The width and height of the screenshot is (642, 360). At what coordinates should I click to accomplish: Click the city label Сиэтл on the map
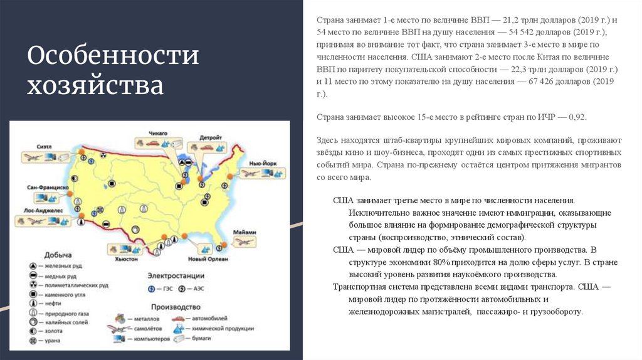(x=44, y=146)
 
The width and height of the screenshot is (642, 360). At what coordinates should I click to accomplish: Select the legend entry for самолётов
(x=149, y=329)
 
